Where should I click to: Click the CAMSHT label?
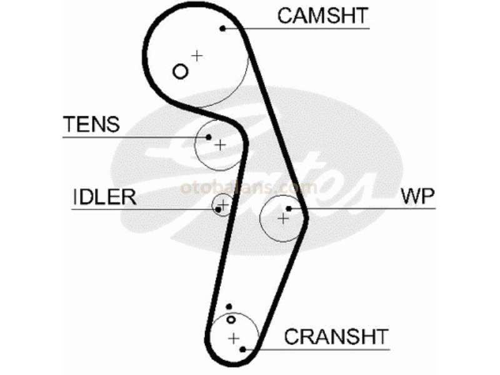[x=322, y=16]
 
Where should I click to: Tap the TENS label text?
[x=91, y=124]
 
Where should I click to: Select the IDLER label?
[x=105, y=197]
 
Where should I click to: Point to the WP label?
[x=417, y=196]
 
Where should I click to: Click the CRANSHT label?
[x=336, y=336]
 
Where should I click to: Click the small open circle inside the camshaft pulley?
[x=180, y=71]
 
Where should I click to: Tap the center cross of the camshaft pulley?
[x=197, y=56]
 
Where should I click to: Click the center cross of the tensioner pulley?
[x=220, y=146]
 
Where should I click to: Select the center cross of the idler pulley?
[x=224, y=204]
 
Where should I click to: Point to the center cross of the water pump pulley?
[x=283, y=219]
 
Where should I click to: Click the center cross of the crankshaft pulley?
[x=234, y=338]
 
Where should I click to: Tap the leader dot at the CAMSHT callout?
[x=222, y=28]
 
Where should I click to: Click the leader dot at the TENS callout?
[x=209, y=137]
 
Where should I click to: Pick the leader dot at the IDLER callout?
[x=218, y=209]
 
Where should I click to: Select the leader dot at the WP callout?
[x=289, y=209]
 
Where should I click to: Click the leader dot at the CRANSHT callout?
[x=242, y=349]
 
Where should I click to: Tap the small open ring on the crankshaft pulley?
[x=231, y=319]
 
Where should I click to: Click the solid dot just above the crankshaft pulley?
[x=229, y=307]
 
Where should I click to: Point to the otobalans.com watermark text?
[x=249, y=187]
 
